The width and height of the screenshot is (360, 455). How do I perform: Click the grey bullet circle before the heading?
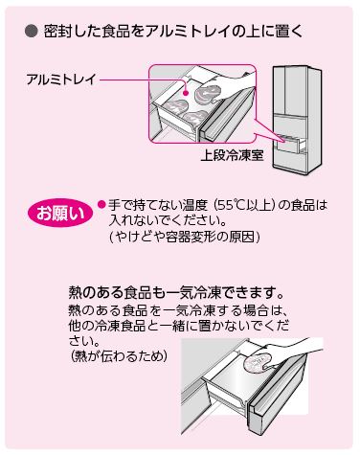(x=32, y=33)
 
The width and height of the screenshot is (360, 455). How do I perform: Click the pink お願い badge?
(x=60, y=213)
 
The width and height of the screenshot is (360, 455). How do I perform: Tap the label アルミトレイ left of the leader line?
(x=61, y=80)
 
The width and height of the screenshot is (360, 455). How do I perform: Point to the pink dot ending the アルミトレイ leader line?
(x=186, y=93)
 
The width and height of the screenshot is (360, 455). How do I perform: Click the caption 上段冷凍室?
(x=232, y=156)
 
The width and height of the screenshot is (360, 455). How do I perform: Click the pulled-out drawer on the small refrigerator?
(x=290, y=144)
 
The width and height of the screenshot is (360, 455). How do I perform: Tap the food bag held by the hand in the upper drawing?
(x=208, y=94)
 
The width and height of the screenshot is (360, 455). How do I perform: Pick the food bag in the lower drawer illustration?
(x=258, y=363)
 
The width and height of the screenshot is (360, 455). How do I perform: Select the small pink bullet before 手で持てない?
(x=101, y=204)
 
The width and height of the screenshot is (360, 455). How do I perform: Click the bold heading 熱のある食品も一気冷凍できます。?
(x=176, y=292)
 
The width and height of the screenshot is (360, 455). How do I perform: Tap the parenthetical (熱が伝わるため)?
(x=119, y=355)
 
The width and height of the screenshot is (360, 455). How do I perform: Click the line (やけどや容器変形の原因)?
(x=184, y=237)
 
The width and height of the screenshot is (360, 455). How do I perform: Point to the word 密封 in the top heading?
(x=57, y=33)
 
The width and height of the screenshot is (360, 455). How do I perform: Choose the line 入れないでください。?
(x=168, y=221)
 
